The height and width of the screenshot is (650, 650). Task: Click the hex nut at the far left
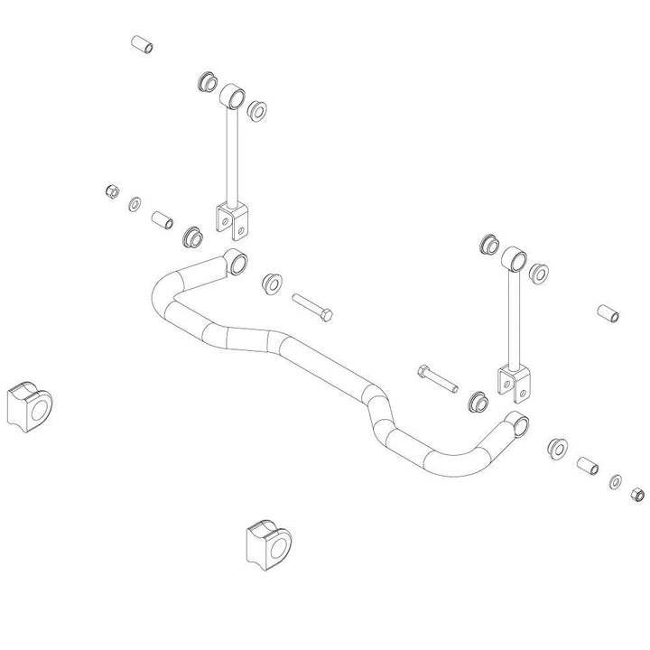tap(112, 191)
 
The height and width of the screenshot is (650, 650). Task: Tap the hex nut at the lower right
tap(635, 494)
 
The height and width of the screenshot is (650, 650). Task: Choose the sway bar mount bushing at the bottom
tap(269, 543)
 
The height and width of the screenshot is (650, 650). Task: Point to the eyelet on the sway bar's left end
tap(237, 262)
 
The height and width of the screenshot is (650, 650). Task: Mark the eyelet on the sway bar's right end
tap(518, 423)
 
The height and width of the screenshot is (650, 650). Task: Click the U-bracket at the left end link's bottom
tap(233, 217)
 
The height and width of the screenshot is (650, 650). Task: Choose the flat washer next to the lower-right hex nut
tap(616, 481)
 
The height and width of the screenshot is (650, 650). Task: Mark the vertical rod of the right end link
tap(514, 320)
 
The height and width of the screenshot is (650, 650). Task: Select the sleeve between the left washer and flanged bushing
tap(162, 219)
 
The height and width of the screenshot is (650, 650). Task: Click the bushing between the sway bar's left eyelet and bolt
tap(270, 283)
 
